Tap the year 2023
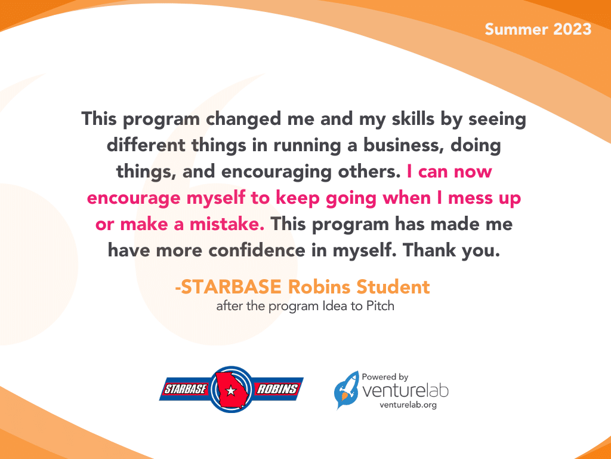pos(571,29)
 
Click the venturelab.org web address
pos(408,405)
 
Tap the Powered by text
pos(385,377)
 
